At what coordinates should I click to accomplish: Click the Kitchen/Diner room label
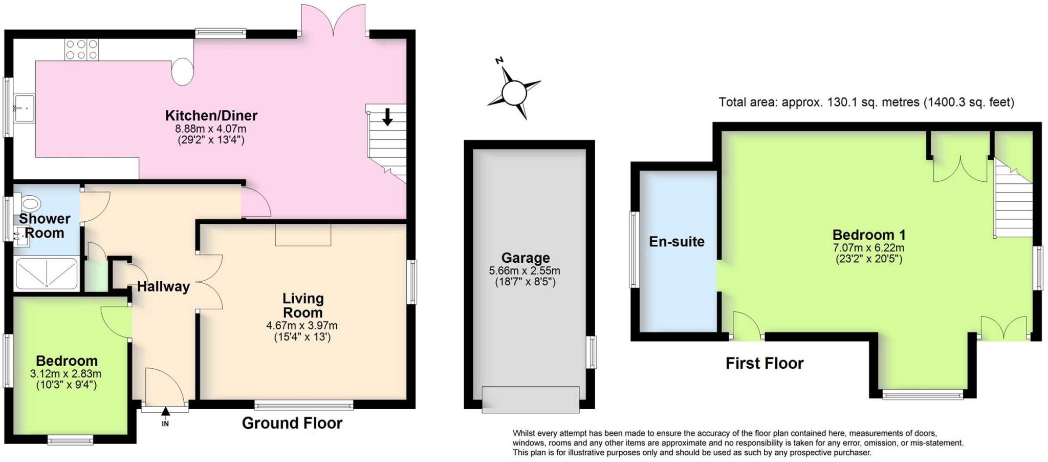tap(211, 115)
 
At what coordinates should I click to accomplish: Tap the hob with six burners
tap(81, 50)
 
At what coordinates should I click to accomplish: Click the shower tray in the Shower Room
tap(47, 274)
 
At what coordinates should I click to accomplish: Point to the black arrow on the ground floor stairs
tap(387, 117)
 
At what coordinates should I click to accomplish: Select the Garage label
tap(525, 258)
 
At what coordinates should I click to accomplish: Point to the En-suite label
tap(676, 241)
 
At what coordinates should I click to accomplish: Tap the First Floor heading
tap(765, 363)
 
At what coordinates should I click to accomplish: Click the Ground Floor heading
tap(292, 423)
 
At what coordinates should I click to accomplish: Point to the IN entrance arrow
tap(165, 412)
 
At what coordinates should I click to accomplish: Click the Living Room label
tap(303, 305)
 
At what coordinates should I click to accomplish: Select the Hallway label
tap(163, 287)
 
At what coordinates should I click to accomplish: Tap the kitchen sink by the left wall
tap(24, 109)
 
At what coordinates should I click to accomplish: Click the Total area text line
tap(866, 102)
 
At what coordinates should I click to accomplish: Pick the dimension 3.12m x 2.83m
tap(65, 374)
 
